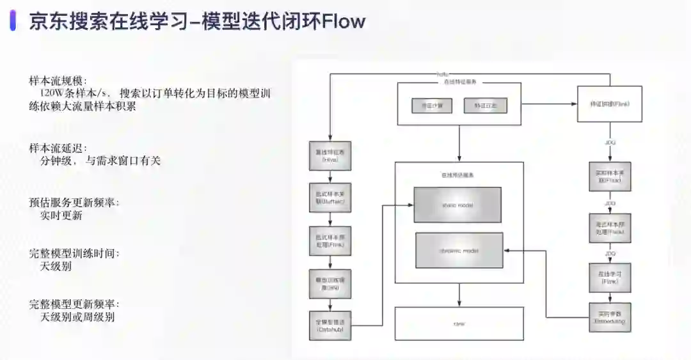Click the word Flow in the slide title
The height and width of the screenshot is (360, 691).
(344, 21)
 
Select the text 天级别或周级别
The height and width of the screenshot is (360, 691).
(77, 317)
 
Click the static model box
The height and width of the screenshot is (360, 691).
(457, 205)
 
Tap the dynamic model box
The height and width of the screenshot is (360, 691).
(459, 250)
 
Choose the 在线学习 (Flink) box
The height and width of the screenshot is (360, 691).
(610, 278)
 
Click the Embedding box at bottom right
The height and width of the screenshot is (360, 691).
(610, 317)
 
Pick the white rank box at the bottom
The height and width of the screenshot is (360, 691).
(459, 324)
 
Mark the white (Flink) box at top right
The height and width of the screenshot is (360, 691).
(609, 103)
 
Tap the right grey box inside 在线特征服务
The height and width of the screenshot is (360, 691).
(485, 105)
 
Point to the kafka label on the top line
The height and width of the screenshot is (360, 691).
(442, 74)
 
